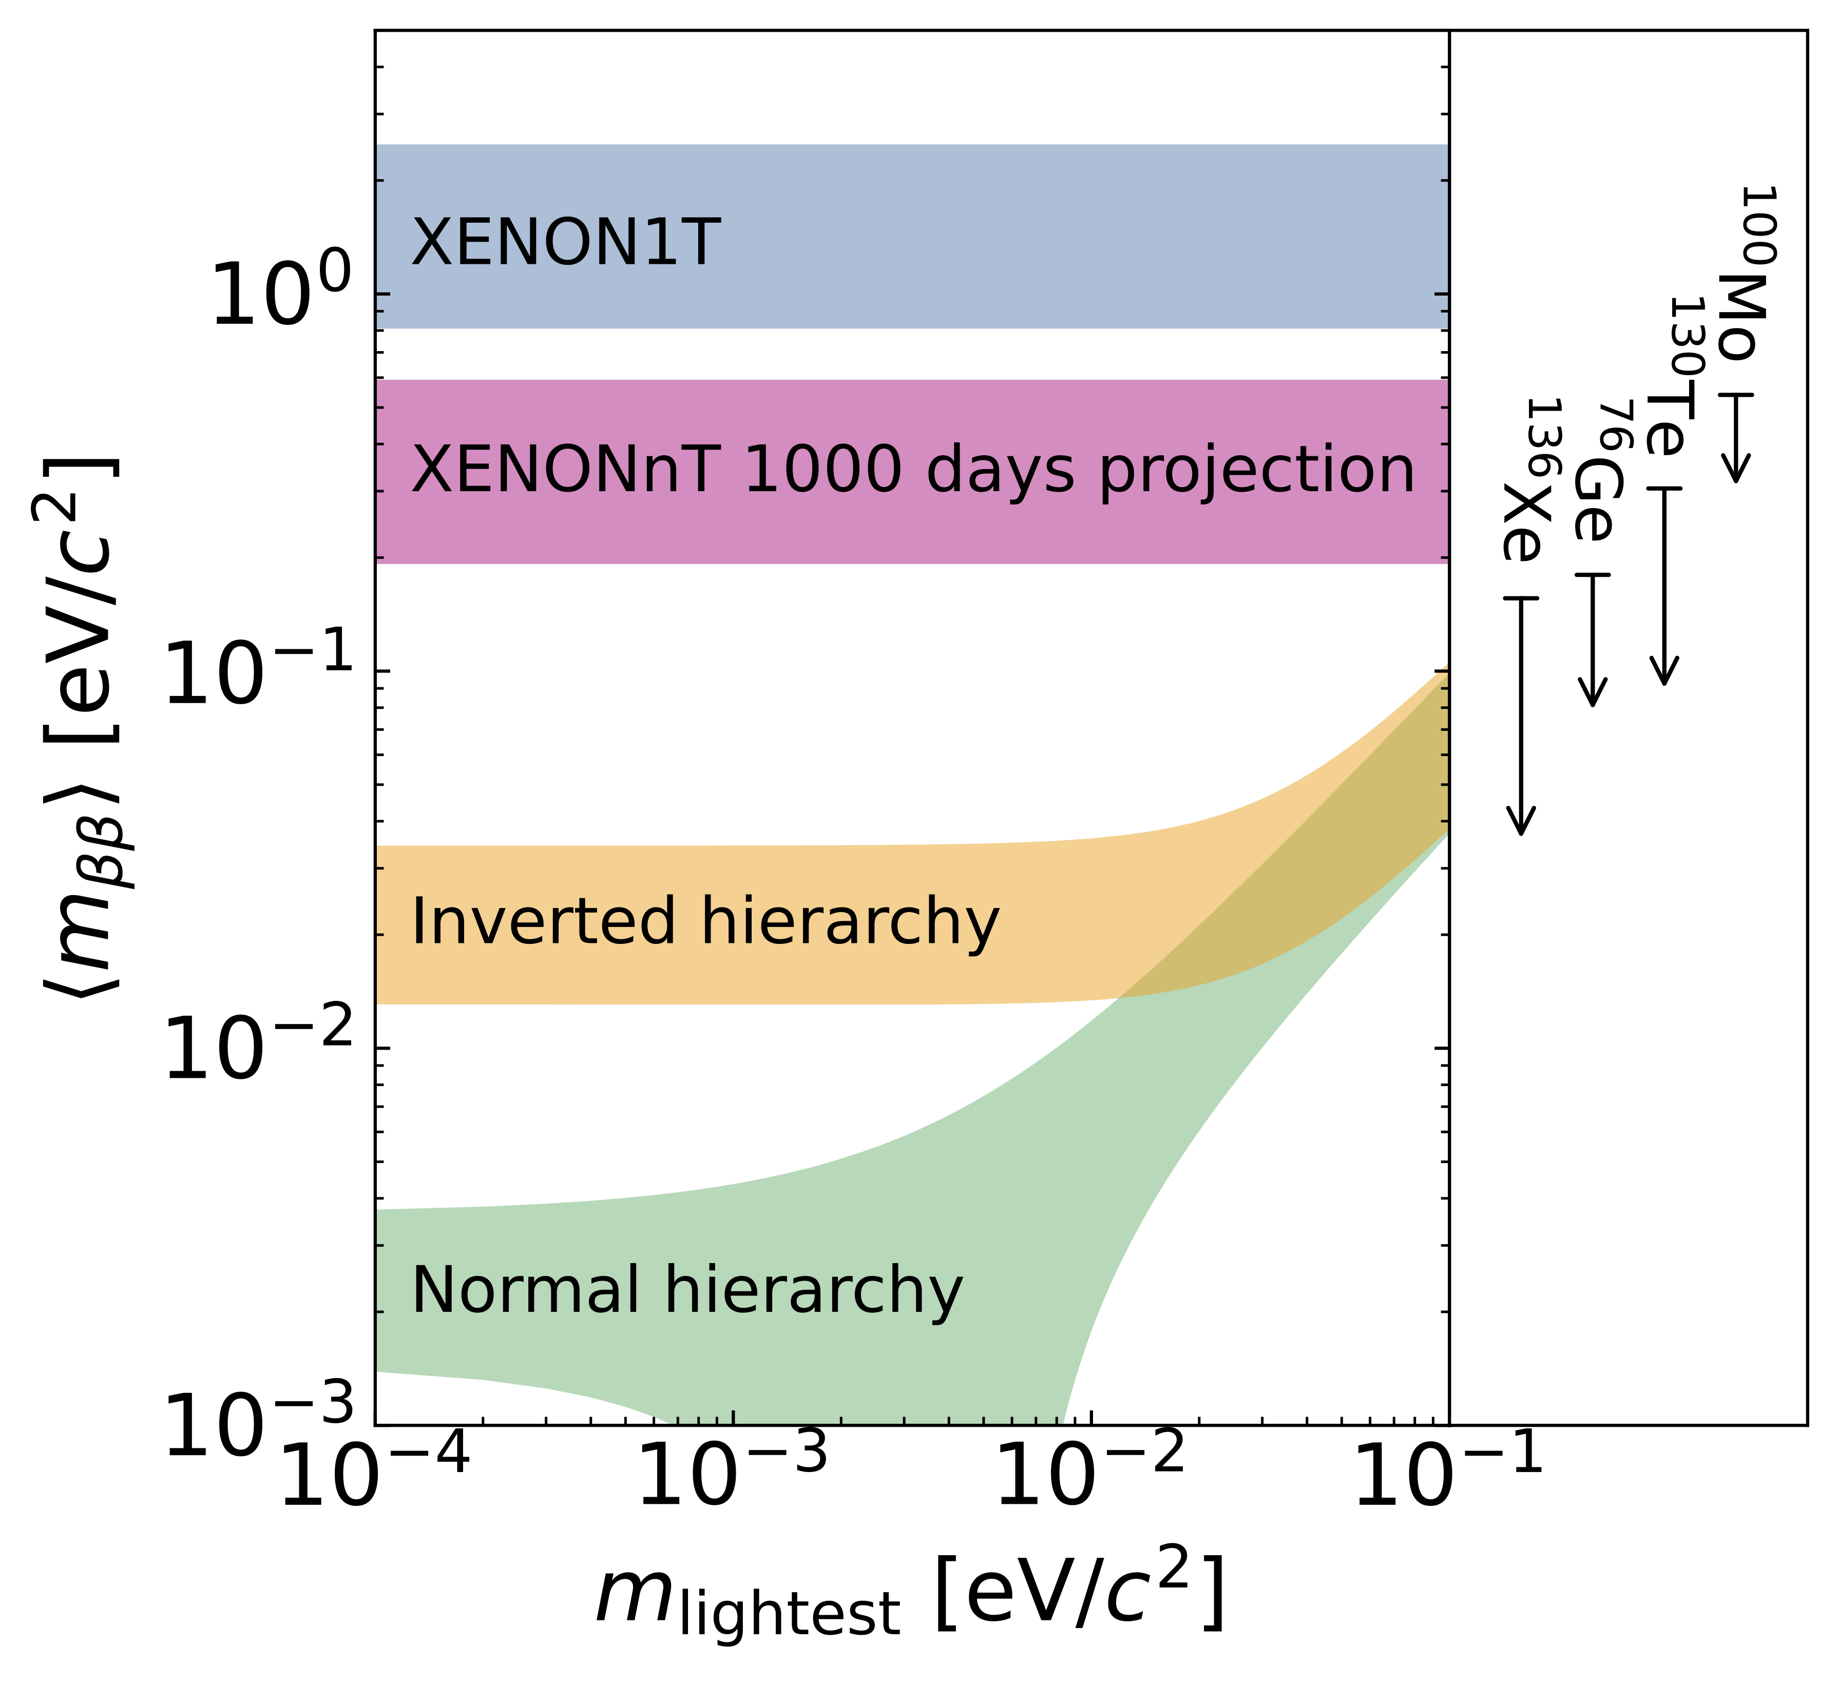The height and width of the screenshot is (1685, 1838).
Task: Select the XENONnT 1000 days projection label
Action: (x=912, y=471)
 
